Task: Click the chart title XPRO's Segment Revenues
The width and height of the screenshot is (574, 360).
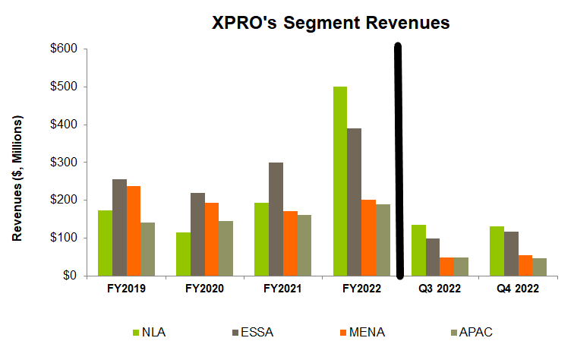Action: pos(330,24)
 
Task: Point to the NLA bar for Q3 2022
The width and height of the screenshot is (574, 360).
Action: pos(418,250)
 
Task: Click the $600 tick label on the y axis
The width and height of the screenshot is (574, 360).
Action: pos(65,49)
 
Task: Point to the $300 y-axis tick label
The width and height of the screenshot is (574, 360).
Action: pos(65,163)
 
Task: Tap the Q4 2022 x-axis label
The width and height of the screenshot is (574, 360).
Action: pos(512,289)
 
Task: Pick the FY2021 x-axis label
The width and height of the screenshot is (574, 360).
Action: pos(276,289)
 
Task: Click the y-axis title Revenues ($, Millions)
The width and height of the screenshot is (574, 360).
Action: pos(17,179)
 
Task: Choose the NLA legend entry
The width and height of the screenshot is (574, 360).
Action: pos(150,332)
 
